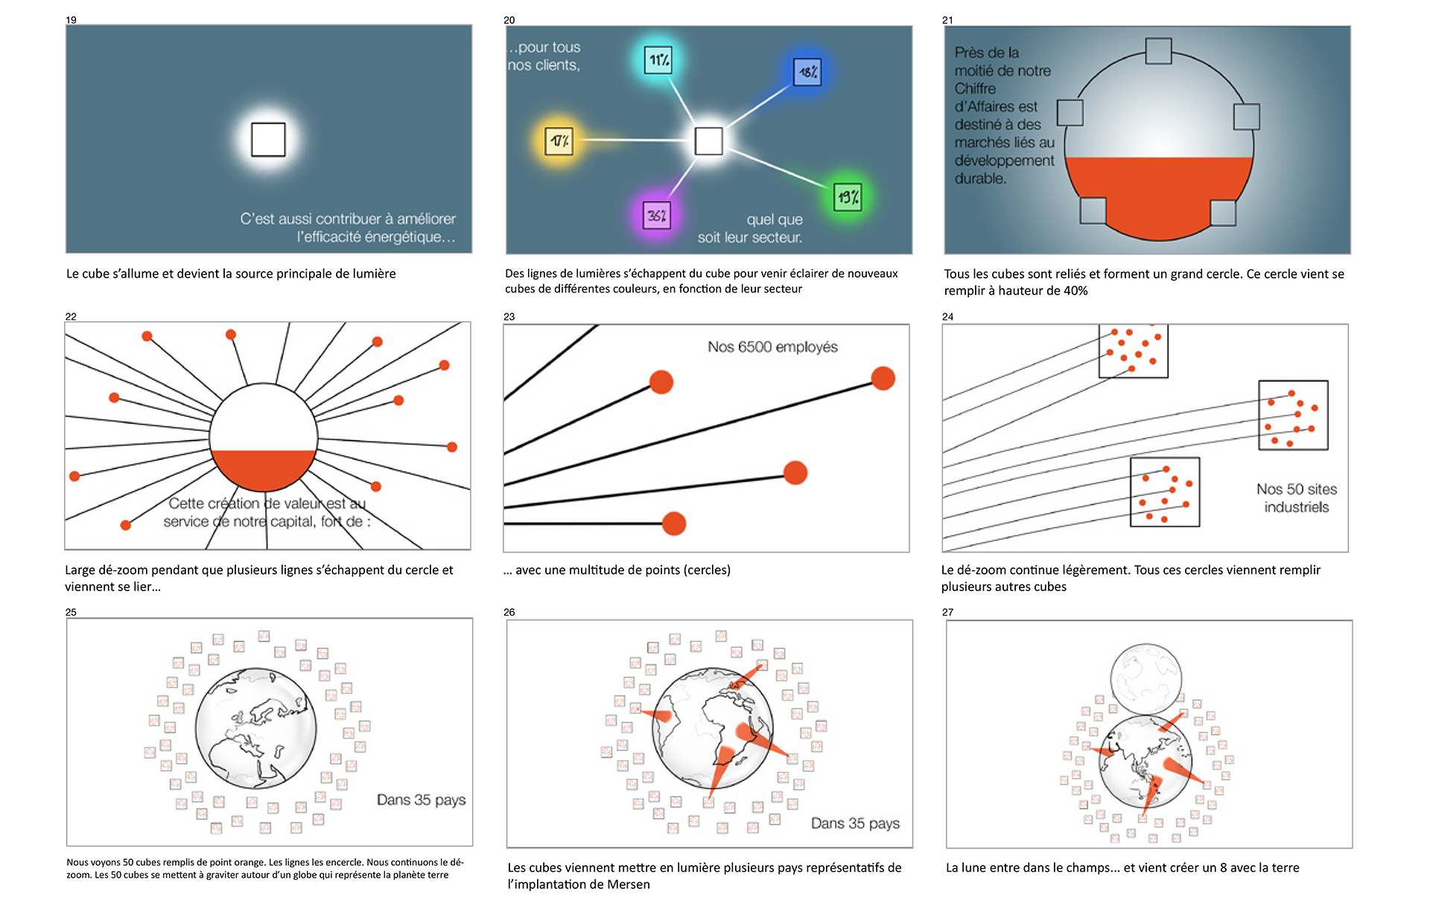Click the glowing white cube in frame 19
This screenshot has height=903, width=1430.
click(268, 139)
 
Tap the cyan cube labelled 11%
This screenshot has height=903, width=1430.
click(658, 60)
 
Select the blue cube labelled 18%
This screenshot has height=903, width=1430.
click(807, 72)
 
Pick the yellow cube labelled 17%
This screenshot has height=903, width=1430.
click(559, 141)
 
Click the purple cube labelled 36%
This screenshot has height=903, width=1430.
click(656, 216)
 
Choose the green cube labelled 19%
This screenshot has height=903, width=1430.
click(848, 197)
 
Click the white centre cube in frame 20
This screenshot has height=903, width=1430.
click(708, 141)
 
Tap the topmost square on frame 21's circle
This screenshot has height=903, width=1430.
click(1158, 51)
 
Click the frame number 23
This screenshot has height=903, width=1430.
click(509, 316)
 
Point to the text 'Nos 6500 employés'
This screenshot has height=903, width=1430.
click(772, 347)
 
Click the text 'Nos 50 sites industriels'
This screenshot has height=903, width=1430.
click(1296, 498)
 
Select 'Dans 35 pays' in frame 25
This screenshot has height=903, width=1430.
click(421, 800)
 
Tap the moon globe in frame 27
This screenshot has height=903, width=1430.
click(1145, 679)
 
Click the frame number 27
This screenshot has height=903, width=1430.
click(947, 612)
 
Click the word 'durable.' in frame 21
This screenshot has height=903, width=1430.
click(980, 179)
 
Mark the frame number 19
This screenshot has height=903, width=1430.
click(71, 20)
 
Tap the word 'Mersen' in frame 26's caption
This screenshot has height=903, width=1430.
click(629, 884)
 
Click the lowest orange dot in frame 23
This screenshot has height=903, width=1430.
click(673, 523)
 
